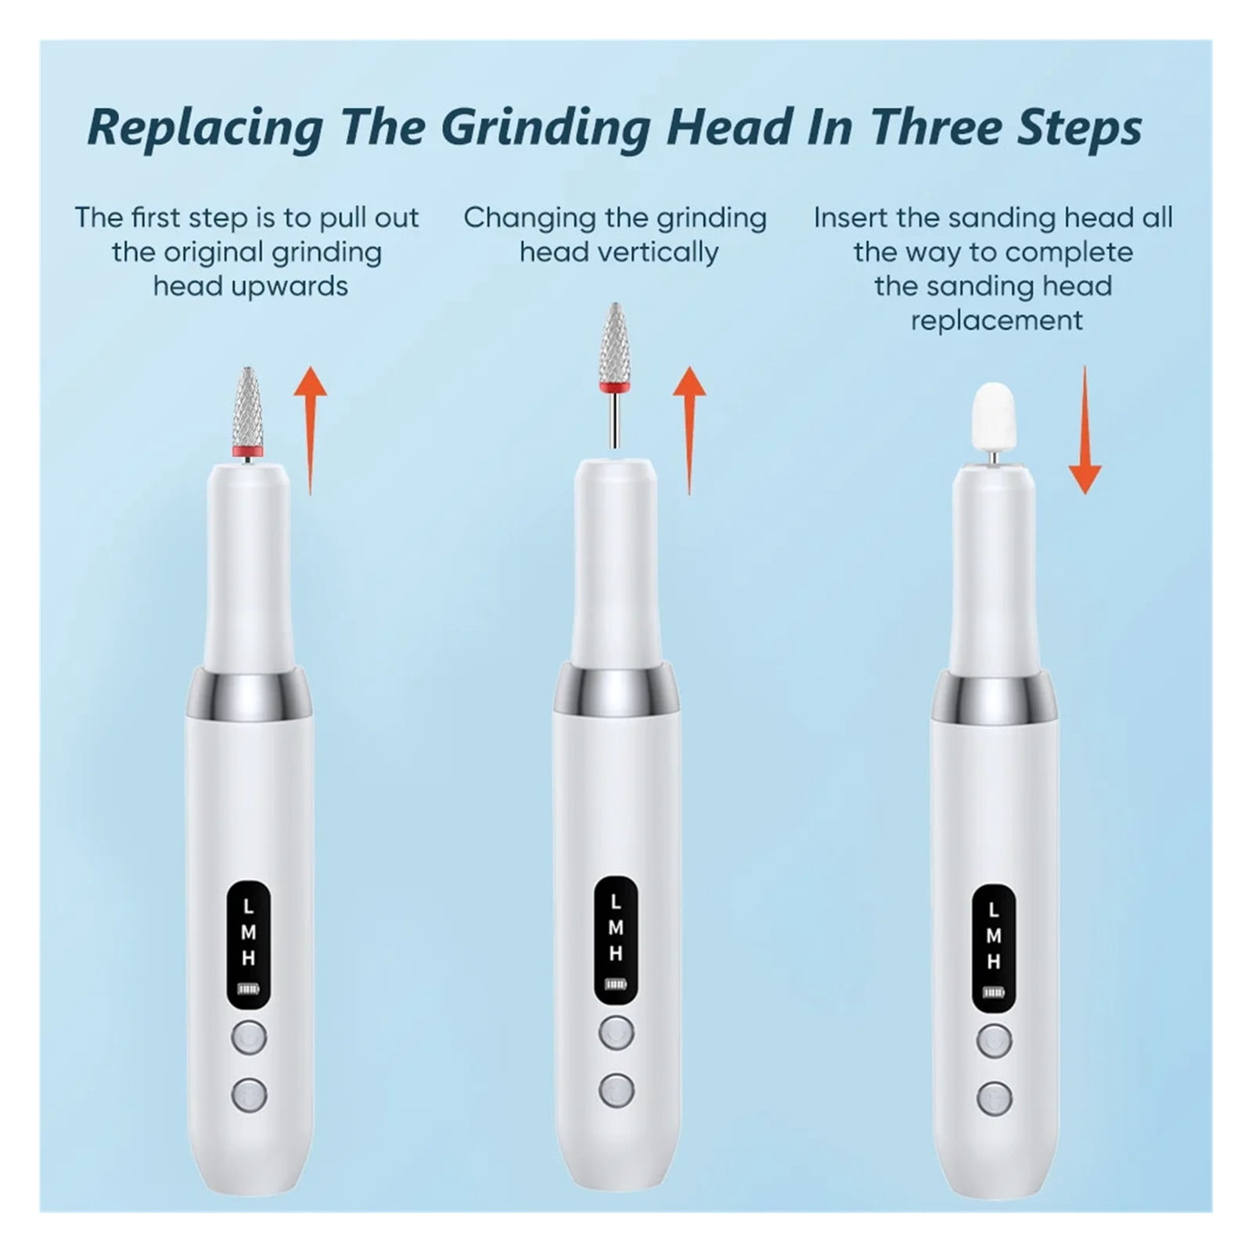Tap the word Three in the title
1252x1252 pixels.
pos(935,127)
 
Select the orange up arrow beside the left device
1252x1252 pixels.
pos(310,430)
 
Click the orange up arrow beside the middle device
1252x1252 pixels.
pos(689,430)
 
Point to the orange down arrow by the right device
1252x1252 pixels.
pos(1085,430)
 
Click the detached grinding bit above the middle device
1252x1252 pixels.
pos(615,374)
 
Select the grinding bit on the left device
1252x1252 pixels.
pos(247,414)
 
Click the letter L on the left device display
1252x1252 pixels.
pos(248,907)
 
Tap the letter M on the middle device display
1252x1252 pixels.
pos(616,928)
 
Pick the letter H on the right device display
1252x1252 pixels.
pos(994,962)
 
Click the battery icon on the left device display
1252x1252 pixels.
pos(249,988)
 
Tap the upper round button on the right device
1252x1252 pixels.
pos(994,1041)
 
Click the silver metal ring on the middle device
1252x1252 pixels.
pos(617,688)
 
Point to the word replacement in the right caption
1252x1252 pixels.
pos(997,320)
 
